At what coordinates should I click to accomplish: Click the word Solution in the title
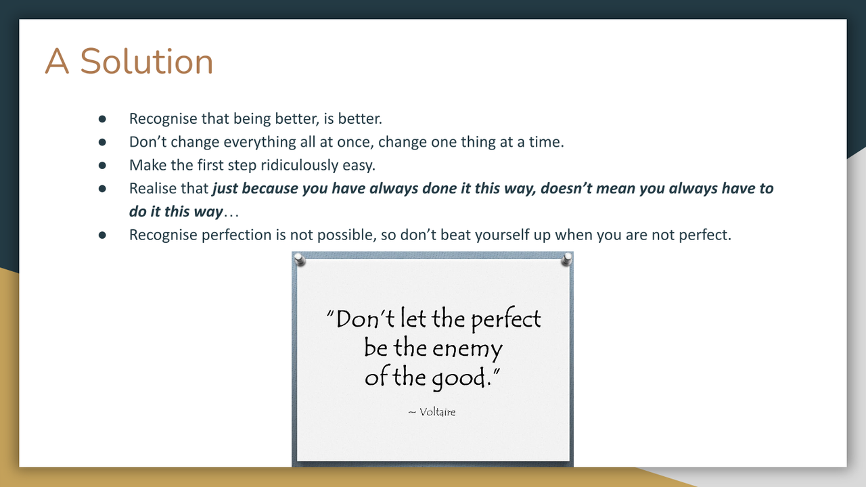coord(147,61)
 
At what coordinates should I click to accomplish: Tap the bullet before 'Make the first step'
coord(102,166)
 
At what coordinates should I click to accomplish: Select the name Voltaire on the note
coord(437,412)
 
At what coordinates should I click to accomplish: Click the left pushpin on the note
coord(300,260)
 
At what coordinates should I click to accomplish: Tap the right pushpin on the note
coord(566,259)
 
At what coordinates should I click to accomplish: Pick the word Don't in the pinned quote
coord(361,319)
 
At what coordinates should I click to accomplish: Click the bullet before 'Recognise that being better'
coord(102,119)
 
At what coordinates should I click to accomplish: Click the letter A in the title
coord(57,61)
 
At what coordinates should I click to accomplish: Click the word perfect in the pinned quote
coord(506,320)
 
